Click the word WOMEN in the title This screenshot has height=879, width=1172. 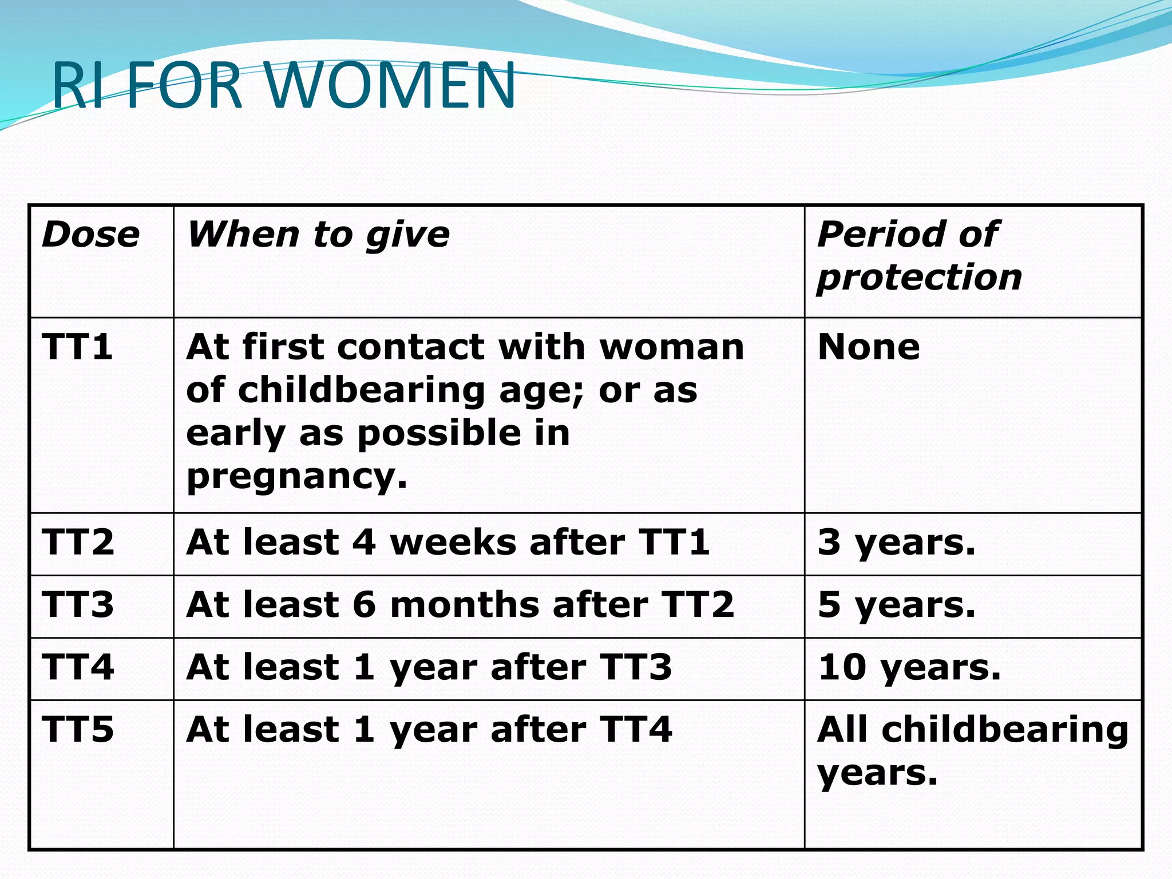(391, 86)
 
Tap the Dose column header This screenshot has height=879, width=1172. (90, 235)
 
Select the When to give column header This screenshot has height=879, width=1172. (318, 235)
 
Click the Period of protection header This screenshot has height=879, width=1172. (918, 256)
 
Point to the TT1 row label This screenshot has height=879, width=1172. (77, 347)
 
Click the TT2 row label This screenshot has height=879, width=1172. (78, 542)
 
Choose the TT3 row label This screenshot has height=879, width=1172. (78, 604)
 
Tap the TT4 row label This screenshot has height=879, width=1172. (78, 667)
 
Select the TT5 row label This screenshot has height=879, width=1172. (78, 730)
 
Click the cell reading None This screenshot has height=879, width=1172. (869, 347)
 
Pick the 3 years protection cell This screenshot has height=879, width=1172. (896, 543)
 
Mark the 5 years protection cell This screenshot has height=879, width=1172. (896, 605)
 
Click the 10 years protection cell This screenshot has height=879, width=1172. (909, 667)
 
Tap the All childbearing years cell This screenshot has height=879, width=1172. (972, 751)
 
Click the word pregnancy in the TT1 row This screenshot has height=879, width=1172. (296, 476)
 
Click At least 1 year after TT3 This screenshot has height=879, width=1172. (429, 667)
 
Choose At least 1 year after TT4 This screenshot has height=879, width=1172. (429, 730)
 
